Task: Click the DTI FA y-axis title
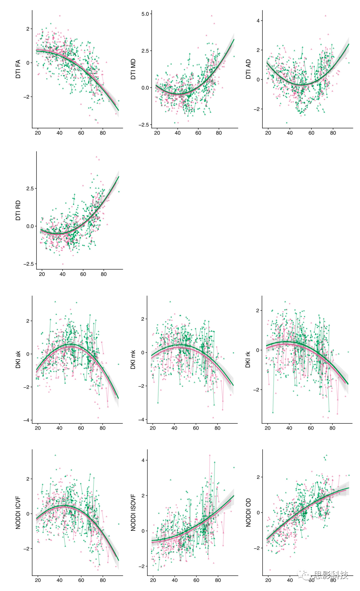[18, 69]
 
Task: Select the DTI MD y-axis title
[133, 69]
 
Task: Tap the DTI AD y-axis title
[248, 69]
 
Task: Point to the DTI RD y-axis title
[18, 210]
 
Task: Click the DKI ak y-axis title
[18, 360]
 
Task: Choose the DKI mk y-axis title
[133, 360]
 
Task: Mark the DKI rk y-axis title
[248, 360]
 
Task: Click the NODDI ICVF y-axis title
[18, 512]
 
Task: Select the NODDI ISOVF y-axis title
[133, 513]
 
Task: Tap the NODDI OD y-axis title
[248, 513]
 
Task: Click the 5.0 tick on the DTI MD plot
[145, 14]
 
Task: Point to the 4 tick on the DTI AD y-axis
[258, 21]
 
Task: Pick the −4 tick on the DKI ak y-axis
[27, 420]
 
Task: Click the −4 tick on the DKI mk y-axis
[141, 419]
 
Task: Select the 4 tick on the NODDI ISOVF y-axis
[143, 460]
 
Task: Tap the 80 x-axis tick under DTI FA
[103, 133]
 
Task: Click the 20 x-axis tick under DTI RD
[42, 274]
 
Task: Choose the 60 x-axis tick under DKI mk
[196, 428]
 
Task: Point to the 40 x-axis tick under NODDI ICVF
[60, 580]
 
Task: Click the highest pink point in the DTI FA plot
[60, 16]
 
